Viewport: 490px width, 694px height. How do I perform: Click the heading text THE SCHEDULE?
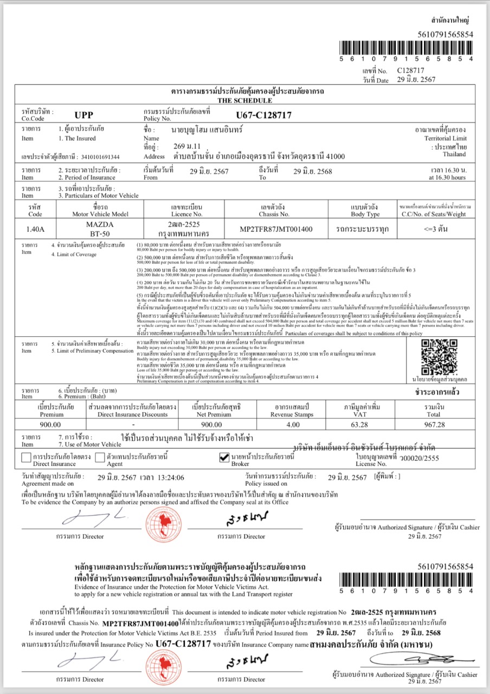pos(244,100)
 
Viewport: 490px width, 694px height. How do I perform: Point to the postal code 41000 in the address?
pos(333,157)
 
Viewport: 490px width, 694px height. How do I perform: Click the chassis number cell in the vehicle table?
pos(276,229)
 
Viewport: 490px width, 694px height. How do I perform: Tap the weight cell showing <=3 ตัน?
pos(435,229)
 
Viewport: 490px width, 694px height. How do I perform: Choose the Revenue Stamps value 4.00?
pos(293,425)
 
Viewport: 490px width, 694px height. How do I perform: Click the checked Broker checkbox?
pos(224,458)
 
